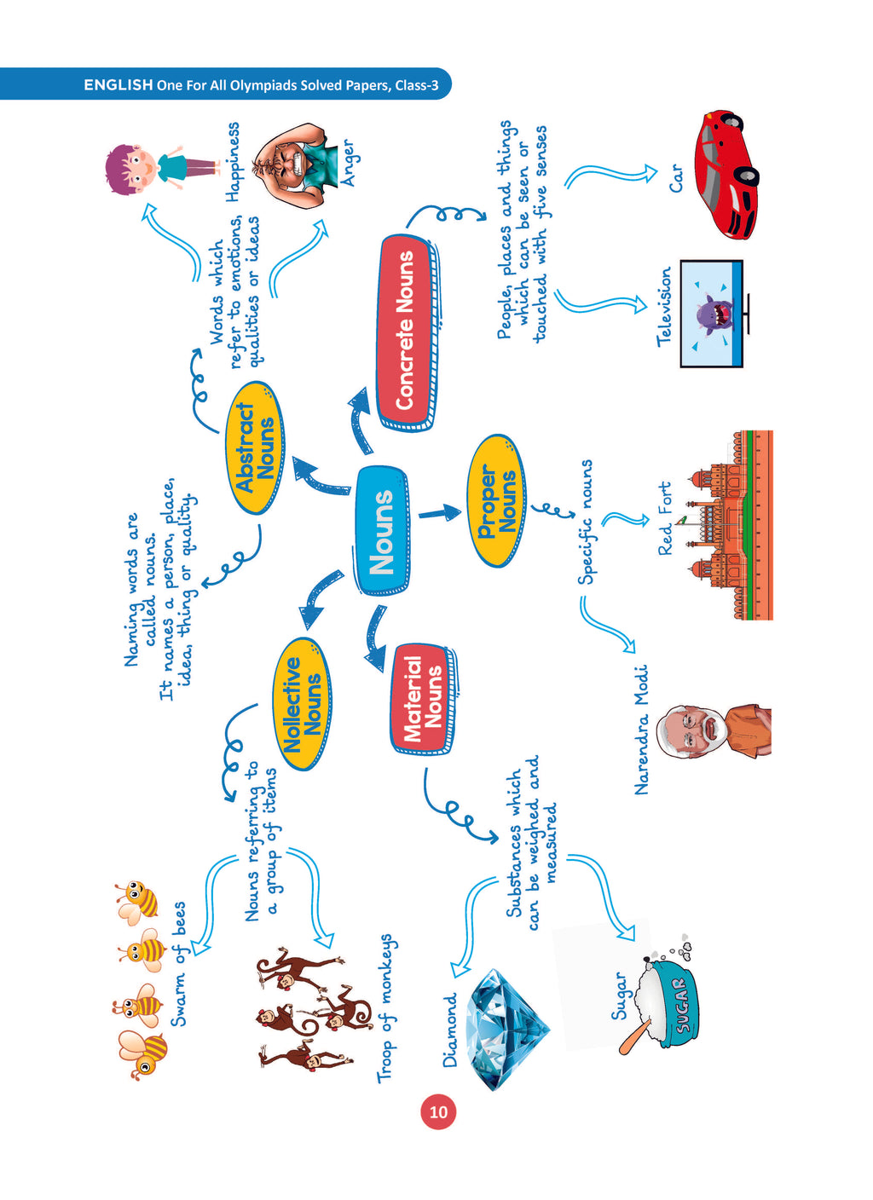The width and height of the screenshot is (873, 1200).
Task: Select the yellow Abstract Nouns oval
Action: (255, 447)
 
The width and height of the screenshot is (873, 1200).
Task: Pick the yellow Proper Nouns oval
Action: (497, 501)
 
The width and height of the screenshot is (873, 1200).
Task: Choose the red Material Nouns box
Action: (422, 698)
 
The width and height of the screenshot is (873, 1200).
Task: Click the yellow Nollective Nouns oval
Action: (302, 704)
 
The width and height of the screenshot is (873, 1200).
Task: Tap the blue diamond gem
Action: (504, 1030)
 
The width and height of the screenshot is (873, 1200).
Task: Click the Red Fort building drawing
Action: (730, 525)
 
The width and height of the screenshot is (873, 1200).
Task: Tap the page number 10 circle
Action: (438, 1112)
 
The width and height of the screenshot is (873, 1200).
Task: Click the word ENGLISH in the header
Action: (118, 85)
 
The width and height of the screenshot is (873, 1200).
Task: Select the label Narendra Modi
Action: (642, 730)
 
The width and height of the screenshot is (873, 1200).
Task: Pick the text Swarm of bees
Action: (178, 964)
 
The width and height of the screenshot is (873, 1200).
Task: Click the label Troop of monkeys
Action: (386, 1008)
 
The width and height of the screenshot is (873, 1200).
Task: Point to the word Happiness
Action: (233, 162)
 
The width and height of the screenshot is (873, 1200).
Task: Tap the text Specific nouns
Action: (586, 522)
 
